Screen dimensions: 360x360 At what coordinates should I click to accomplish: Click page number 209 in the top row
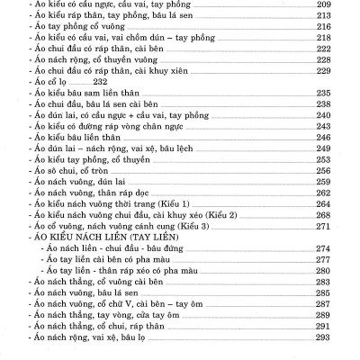pos(341,5)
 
